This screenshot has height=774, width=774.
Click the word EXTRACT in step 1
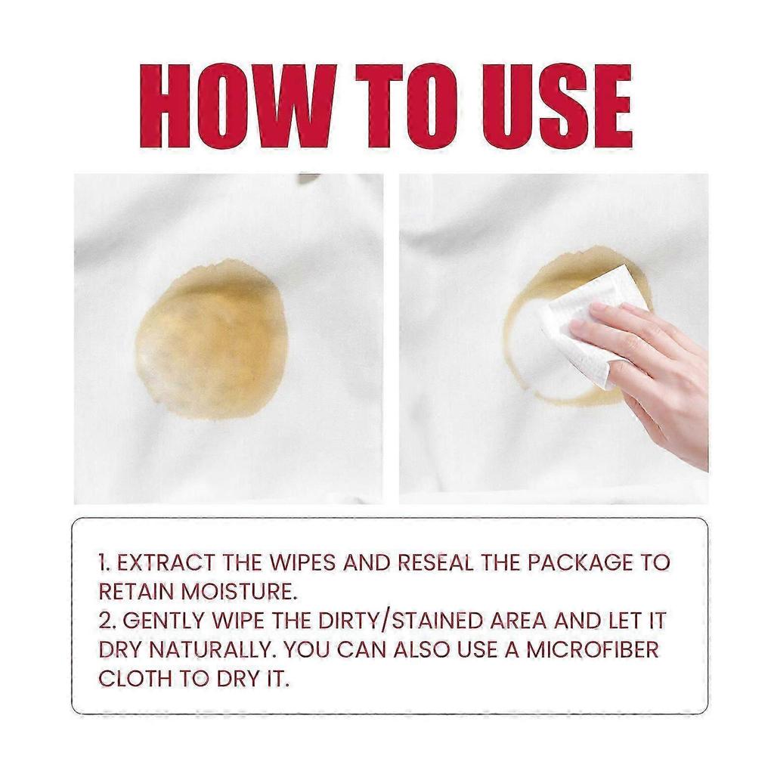[x=166, y=562]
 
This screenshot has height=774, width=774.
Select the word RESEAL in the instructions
[x=435, y=562]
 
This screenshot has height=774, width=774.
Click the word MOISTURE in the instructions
[x=239, y=591]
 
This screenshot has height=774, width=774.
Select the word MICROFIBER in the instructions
[x=593, y=649]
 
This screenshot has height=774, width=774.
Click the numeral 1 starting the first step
[x=102, y=562]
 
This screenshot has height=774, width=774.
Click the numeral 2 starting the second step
[x=105, y=621]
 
